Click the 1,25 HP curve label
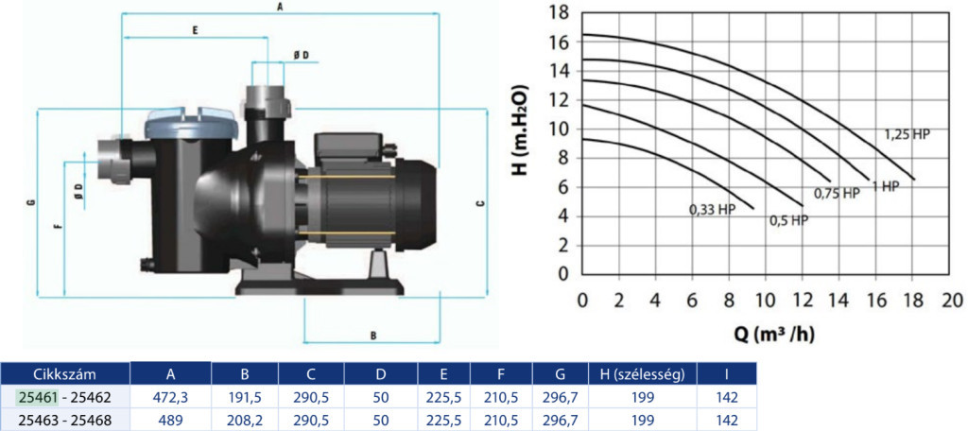907,133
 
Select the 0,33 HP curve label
713,209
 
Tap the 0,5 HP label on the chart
788,220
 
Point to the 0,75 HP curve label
837,194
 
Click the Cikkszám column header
64,373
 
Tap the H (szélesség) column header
643,373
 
